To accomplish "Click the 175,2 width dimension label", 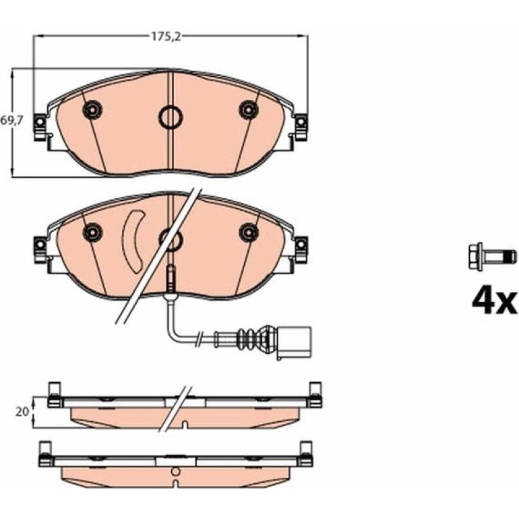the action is pyautogui.click(x=166, y=37).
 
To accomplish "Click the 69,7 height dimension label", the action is pyautogui.click(x=11, y=121).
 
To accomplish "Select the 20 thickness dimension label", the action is pyautogui.click(x=22, y=412).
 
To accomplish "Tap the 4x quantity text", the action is pyautogui.click(x=494, y=303).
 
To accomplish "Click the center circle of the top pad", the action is pyautogui.click(x=171, y=117).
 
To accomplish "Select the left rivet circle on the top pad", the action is pyautogui.click(x=92, y=109).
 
